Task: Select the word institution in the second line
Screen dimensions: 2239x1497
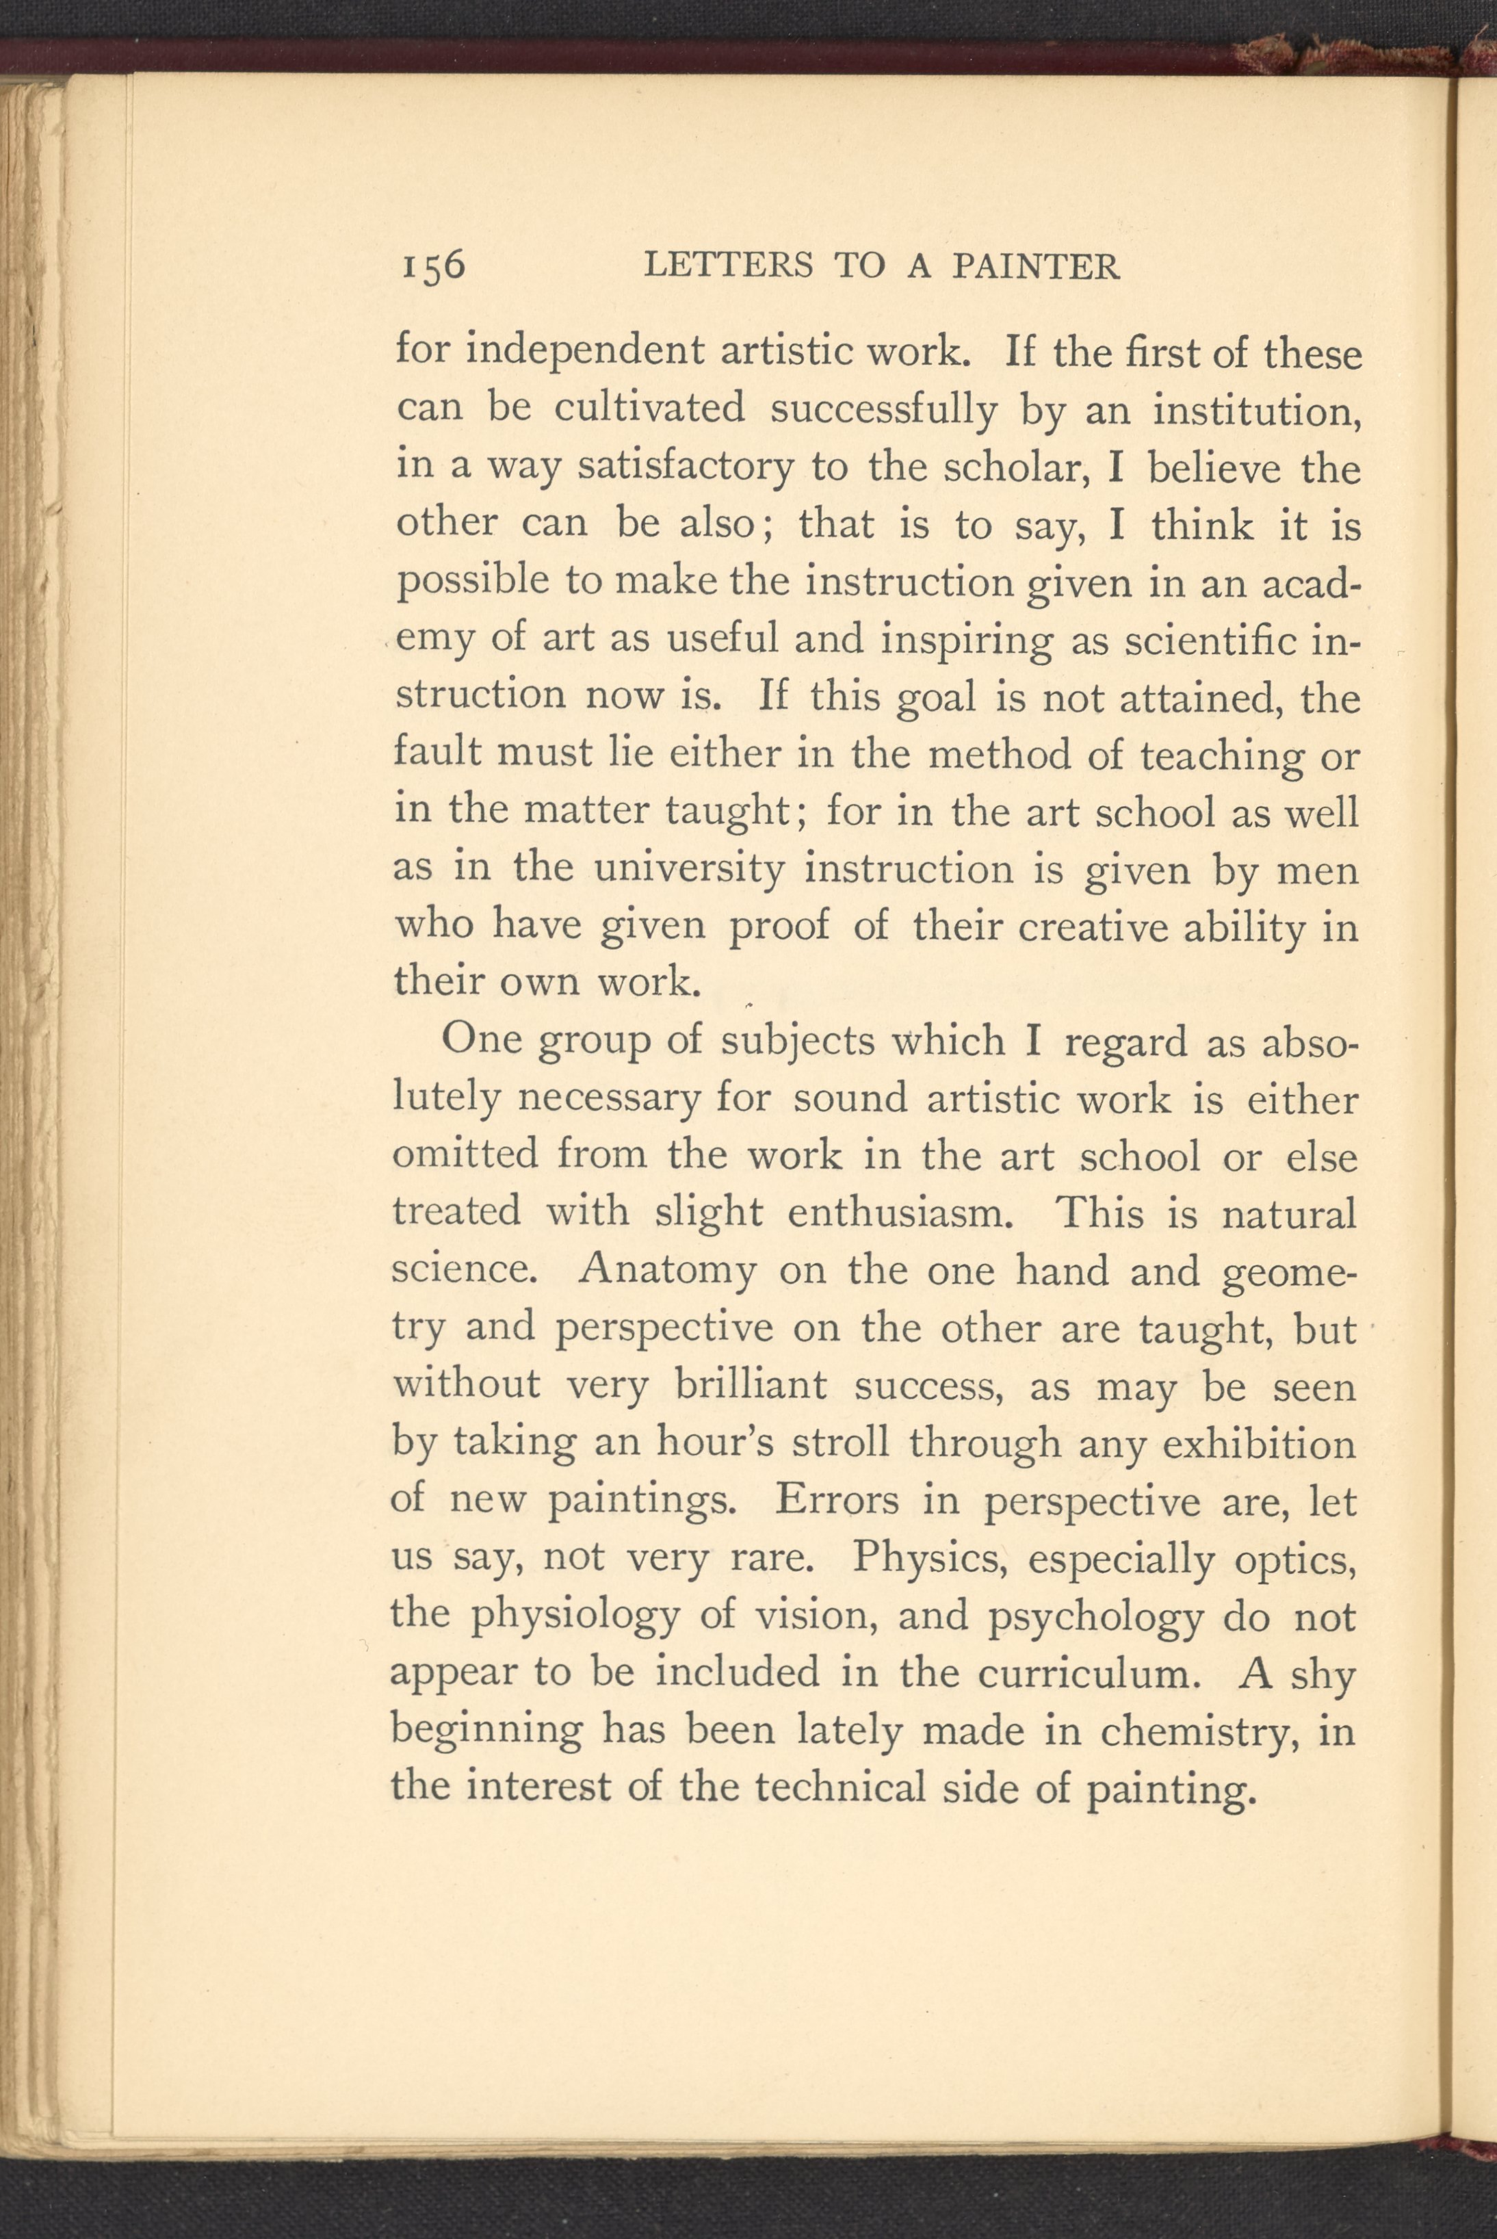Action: click(1256, 411)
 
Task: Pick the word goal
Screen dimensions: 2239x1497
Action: click(939, 698)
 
